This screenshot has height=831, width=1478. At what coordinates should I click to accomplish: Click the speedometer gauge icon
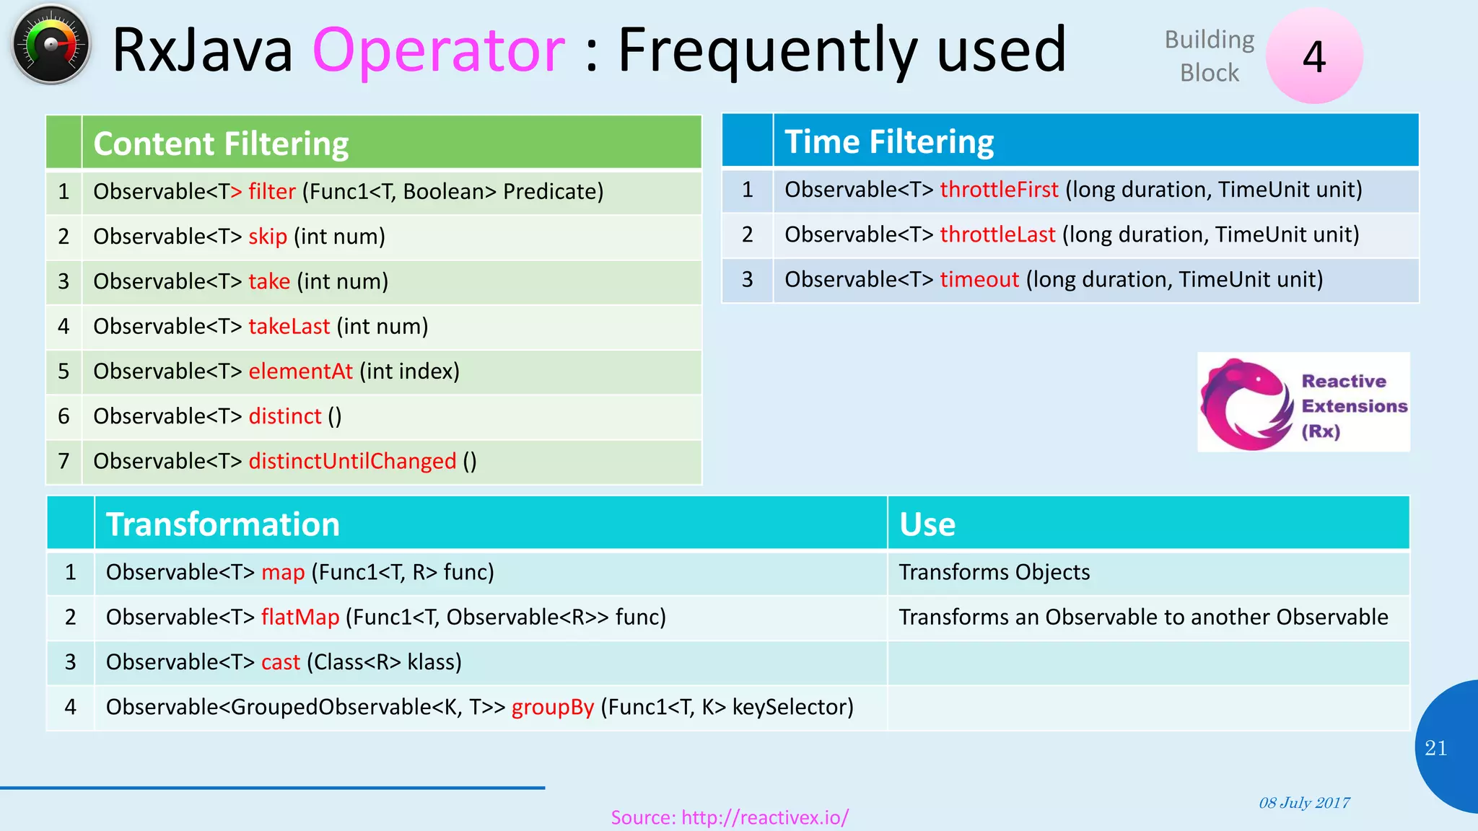[x=51, y=45]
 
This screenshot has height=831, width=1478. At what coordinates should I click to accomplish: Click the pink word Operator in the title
[x=439, y=50]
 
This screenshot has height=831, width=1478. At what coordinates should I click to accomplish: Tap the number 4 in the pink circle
[x=1313, y=56]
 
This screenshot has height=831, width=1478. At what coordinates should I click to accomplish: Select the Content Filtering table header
[x=221, y=144]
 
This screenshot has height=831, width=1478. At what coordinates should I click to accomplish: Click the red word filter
[x=272, y=192]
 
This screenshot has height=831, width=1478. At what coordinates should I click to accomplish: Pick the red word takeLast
[x=289, y=327]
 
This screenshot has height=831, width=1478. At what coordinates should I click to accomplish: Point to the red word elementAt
[x=300, y=371]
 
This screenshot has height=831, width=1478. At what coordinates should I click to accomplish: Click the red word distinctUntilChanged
[x=352, y=462]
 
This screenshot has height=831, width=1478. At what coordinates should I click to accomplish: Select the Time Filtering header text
[x=888, y=141]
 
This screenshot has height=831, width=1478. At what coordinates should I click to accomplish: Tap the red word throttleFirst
[x=999, y=190]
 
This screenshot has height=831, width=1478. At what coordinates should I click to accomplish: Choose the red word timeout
[x=979, y=280]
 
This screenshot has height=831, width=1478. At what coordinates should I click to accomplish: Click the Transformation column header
[x=222, y=524]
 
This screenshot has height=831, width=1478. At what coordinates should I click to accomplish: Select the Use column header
[x=927, y=524]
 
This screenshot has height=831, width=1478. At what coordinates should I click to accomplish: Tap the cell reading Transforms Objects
[x=994, y=573]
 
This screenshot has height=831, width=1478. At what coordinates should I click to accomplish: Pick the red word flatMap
[x=299, y=617]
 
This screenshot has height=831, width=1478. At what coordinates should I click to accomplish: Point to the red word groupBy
[x=552, y=708]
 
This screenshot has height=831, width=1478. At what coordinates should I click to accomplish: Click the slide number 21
[x=1435, y=748]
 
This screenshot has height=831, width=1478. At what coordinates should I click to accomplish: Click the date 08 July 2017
[x=1303, y=803]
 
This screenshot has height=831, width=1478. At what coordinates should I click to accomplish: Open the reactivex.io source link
[x=729, y=818]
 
